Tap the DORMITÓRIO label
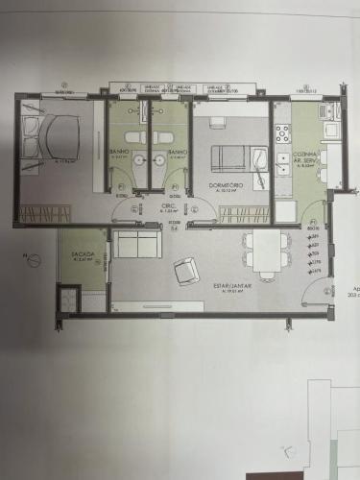click(x=229, y=184)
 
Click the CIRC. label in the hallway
click(x=167, y=204)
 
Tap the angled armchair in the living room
click(x=184, y=273)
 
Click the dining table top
click(x=265, y=248)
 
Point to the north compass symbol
click(x=32, y=259)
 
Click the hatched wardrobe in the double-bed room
click(x=44, y=214)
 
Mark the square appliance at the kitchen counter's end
click(x=329, y=128)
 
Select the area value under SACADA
click(x=81, y=260)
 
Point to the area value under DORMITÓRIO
click(x=229, y=191)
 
